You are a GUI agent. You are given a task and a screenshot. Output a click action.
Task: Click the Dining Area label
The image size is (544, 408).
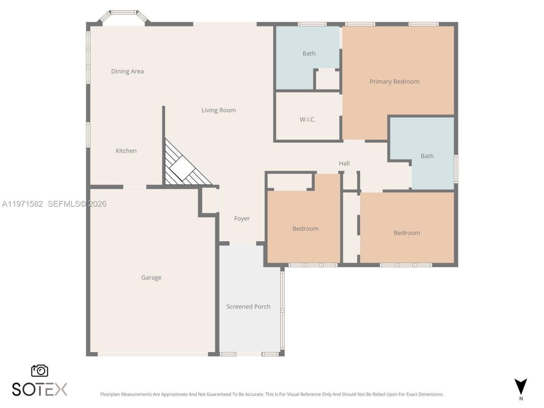tap(127, 71)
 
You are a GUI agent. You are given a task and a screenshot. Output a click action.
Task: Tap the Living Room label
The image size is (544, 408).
tap(218, 110)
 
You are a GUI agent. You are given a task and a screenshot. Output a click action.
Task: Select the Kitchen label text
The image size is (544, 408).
tap(126, 151)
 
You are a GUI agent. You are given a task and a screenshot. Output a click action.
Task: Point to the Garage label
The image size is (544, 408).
tap(151, 278)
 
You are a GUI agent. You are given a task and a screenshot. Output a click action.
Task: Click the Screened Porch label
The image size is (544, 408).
tap(248, 306)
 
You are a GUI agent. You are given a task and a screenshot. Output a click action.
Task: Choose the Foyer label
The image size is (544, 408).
tap(242, 218)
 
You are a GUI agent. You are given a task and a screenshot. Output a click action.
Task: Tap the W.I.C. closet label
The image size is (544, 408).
tap(307, 119)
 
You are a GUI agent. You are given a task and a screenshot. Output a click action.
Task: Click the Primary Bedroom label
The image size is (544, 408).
tap(394, 82)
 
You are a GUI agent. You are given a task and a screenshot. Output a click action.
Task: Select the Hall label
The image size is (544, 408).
tap(344, 163)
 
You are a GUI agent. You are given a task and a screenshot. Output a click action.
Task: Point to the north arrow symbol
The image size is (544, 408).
tap(521, 387)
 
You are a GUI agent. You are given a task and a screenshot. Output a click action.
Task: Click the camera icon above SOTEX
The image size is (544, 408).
tap(40, 371)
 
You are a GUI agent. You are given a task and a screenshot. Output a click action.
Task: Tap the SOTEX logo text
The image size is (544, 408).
tap(40, 389)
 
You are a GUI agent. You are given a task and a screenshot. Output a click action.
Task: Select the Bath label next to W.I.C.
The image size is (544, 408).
tap(309, 54)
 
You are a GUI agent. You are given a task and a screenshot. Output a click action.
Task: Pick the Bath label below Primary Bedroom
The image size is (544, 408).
tap(427, 156)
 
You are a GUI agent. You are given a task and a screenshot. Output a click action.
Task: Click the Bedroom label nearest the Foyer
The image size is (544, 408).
tap(305, 229)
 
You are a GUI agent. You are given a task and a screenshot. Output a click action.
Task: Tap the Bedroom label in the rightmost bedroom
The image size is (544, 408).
tap(407, 233)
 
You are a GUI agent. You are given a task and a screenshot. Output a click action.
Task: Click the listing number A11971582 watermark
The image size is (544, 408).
tap(23, 204)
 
